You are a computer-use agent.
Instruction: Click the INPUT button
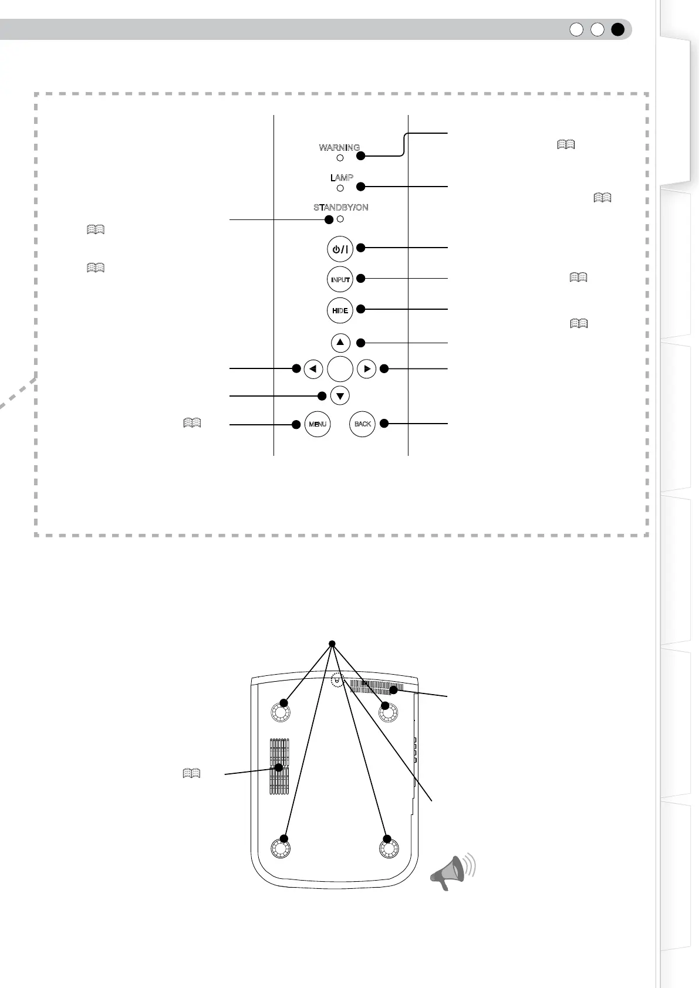(340, 279)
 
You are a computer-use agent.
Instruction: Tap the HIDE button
(340, 310)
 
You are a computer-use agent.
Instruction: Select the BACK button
(363, 424)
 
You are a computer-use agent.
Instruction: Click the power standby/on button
(340, 249)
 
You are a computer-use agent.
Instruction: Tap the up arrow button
(340, 343)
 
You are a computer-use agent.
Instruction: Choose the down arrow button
(340, 395)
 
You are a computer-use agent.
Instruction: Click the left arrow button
(313, 369)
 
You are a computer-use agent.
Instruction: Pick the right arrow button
(366, 369)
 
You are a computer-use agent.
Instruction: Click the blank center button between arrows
(340, 369)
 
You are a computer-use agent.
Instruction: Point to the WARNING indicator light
(340, 158)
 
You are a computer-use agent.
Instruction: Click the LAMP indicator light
(340, 188)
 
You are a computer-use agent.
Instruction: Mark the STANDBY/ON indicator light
(340, 219)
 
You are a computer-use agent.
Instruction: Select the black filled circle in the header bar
(617, 30)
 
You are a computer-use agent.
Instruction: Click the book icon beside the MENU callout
(192, 422)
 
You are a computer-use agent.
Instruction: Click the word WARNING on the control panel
(339, 148)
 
